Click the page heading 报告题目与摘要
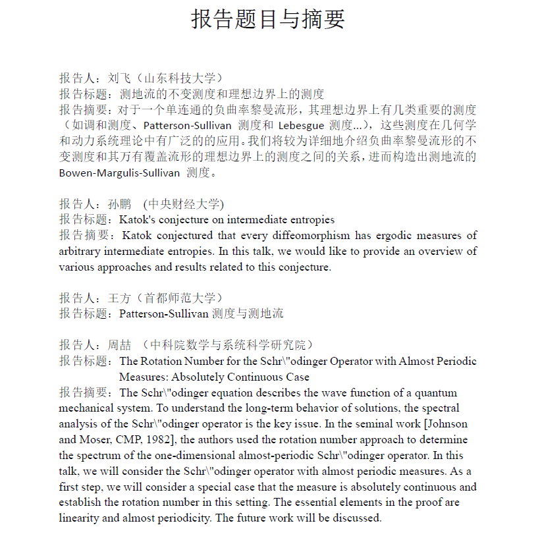pyautogui.click(x=269, y=19)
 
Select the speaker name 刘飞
pyautogui.click(x=119, y=78)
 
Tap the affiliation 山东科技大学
pyautogui.click(x=182, y=78)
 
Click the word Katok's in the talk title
pyautogui.click(x=138, y=220)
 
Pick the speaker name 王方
pyautogui.click(x=119, y=298)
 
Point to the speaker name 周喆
pyautogui.click(x=119, y=345)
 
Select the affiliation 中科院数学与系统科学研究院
pyautogui.click(x=230, y=345)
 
